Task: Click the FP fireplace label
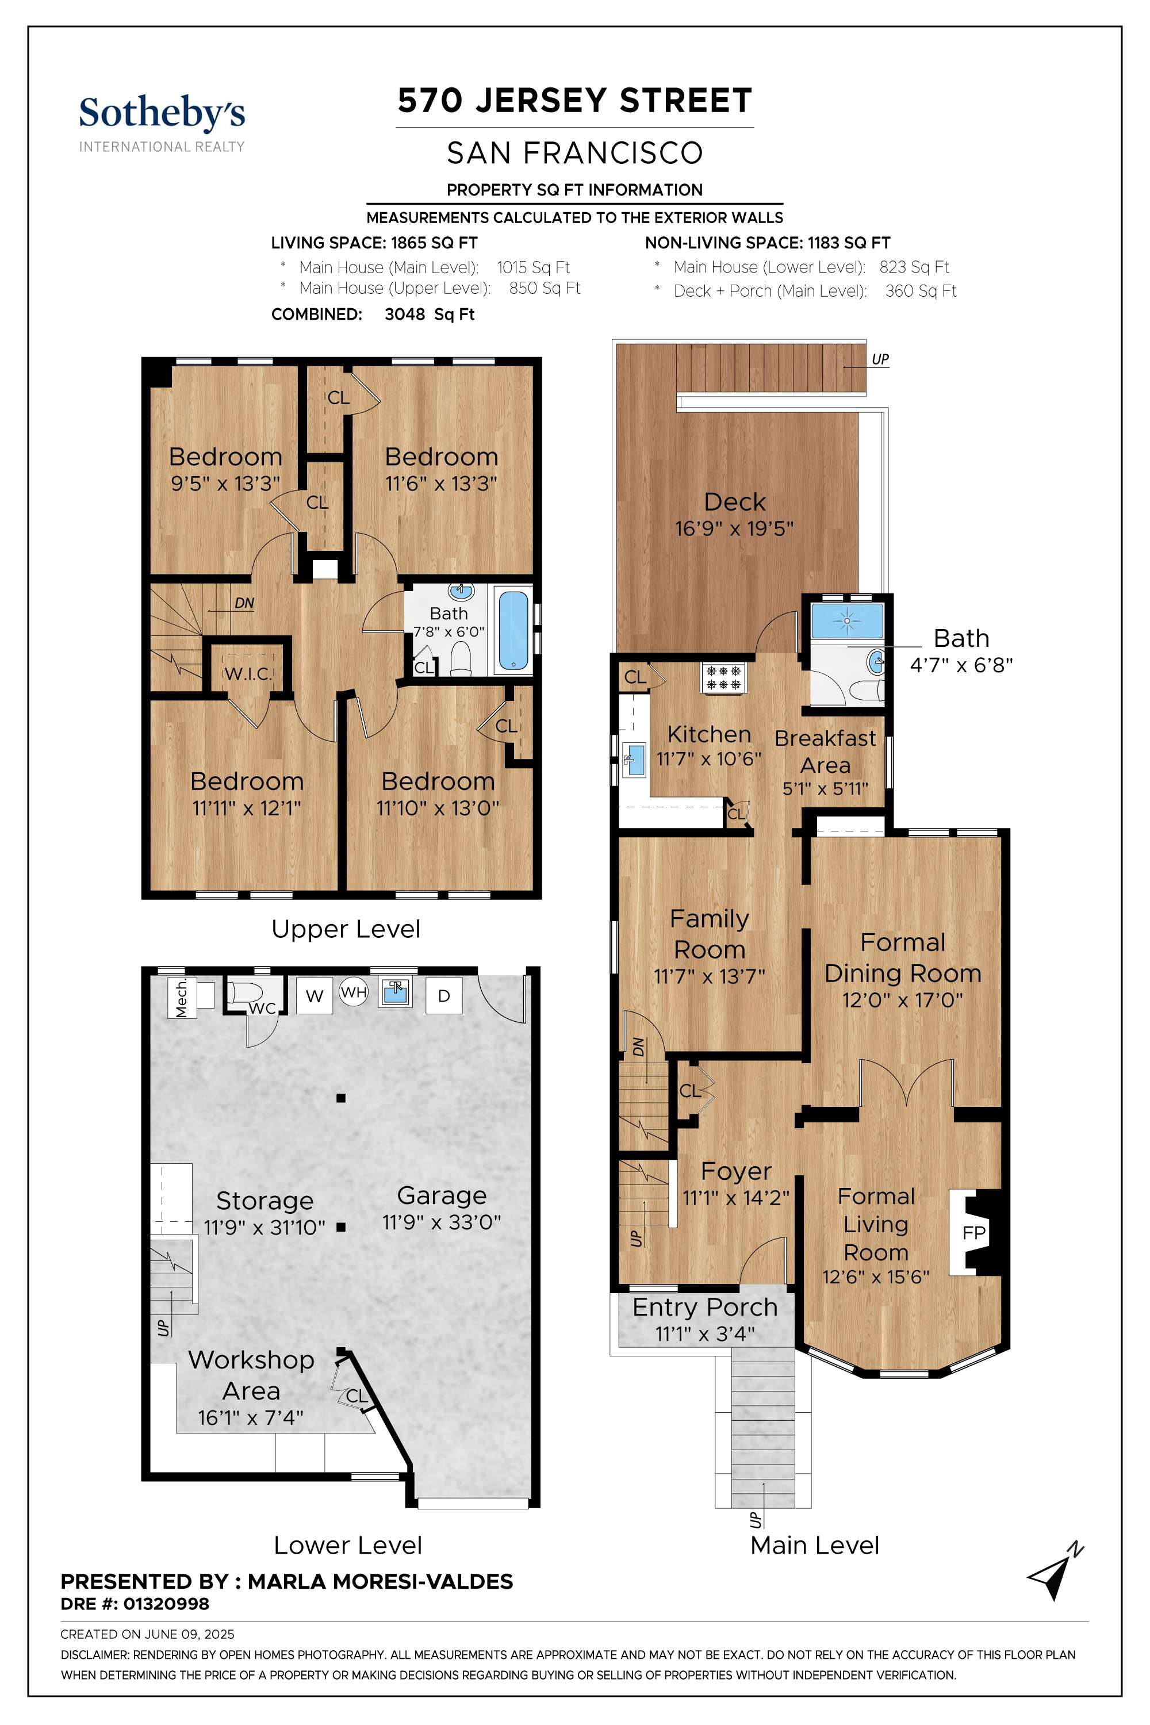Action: tap(974, 1232)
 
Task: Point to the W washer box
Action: tap(315, 996)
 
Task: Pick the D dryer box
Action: tap(444, 996)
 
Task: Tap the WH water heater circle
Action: tap(354, 993)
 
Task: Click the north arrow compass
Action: tap(1055, 1570)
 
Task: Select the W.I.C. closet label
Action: tap(248, 673)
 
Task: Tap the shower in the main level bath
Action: tap(847, 620)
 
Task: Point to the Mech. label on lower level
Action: tap(181, 998)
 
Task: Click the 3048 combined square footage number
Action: tap(405, 315)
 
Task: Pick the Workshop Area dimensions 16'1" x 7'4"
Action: tap(251, 1418)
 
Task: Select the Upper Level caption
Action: tap(346, 929)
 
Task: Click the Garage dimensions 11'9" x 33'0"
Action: tap(442, 1222)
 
